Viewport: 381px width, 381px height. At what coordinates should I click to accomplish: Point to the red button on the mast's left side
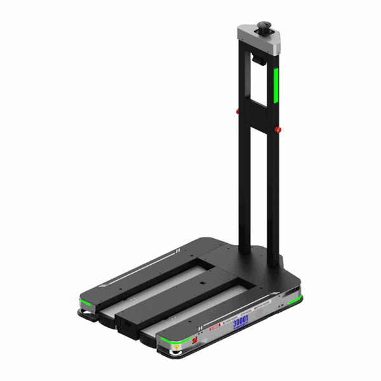[238, 112]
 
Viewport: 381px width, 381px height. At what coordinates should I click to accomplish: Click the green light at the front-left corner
[84, 300]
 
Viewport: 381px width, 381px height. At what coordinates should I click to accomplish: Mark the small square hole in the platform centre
[202, 283]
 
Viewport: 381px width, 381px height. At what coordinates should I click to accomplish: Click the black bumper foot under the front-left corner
[83, 314]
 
